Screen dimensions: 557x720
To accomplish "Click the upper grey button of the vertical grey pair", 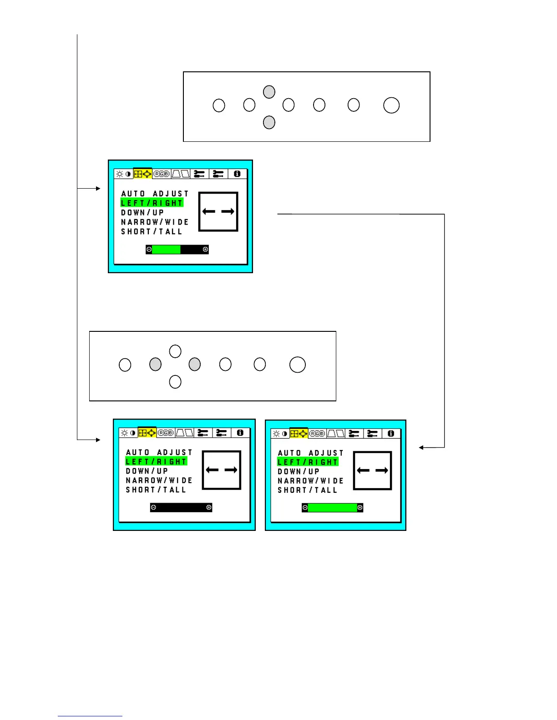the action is [269, 92].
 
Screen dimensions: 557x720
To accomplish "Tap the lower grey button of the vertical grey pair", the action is [269, 122].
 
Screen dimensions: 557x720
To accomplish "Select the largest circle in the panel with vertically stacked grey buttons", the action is [391, 105].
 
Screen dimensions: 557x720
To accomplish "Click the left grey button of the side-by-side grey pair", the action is [155, 364].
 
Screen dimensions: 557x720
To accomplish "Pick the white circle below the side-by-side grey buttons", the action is [175, 382].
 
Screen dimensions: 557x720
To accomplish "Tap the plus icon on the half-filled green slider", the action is [205, 249].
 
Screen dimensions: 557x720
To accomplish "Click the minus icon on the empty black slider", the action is [153, 507].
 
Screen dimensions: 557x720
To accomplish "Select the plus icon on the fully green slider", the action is [360, 507].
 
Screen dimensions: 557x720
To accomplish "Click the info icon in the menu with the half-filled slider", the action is [237, 174].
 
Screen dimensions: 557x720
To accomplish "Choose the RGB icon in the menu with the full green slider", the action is [317, 434].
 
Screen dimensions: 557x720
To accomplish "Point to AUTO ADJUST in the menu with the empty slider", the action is [159, 452].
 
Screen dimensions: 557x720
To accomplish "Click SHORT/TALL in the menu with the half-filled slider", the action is [152, 232].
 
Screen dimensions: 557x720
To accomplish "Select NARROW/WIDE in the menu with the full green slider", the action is [310, 481].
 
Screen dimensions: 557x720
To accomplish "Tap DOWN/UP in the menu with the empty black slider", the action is [147, 471].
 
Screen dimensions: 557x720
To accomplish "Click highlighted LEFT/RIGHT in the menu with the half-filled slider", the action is [152, 203].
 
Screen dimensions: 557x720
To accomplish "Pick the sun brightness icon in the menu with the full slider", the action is [276, 434].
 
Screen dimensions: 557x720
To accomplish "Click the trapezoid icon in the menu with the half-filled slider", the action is [180, 174].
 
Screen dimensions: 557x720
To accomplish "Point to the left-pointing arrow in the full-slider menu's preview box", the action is [363, 470].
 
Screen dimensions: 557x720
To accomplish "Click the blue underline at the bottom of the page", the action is [90, 716].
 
